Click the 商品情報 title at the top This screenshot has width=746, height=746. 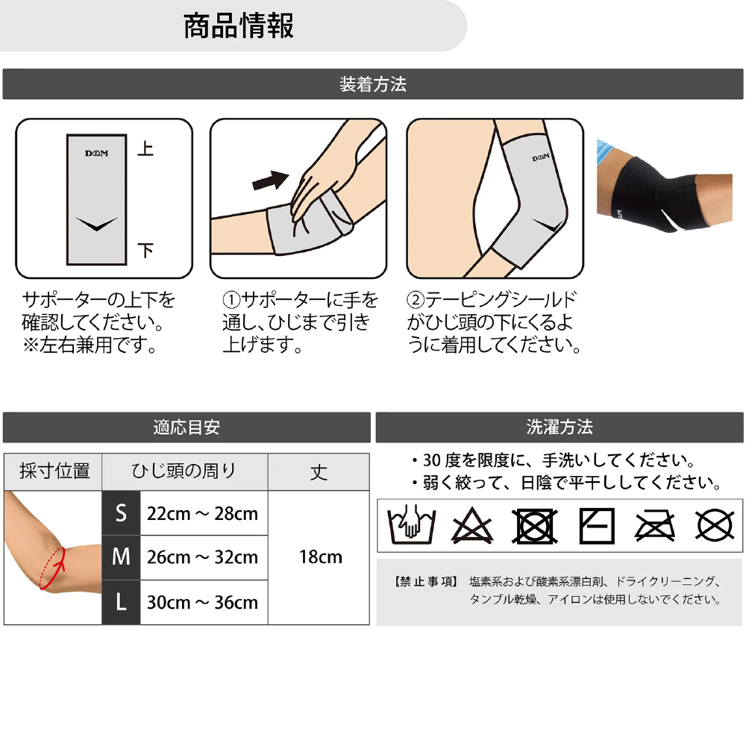(x=239, y=25)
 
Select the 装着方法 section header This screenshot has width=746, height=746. (x=373, y=84)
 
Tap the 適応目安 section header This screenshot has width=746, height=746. (x=186, y=427)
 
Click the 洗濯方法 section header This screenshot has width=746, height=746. (x=559, y=427)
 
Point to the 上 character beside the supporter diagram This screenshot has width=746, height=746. (x=145, y=149)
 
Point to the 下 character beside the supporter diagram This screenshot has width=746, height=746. (x=145, y=250)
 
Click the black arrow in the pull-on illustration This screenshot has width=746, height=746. (x=270, y=181)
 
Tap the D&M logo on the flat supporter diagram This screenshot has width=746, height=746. (x=96, y=153)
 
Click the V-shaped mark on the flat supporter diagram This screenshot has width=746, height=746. (x=96, y=224)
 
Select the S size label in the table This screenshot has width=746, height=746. (x=121, y=513)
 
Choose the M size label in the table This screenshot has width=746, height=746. (x=121, y=557)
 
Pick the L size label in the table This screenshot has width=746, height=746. (x=121, y=602)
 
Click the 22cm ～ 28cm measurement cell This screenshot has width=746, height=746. (x=203, y=514)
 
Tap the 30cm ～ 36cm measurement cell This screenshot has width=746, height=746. (x=203, y=603)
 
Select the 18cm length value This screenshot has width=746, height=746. (x=321, y=557)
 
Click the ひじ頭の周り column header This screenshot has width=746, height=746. (x=184, y=471)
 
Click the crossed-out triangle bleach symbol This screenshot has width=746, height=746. (x=471, y=526)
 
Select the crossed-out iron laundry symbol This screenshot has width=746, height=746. (x=655, y=526)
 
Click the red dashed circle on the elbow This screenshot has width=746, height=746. (x=52, y=568)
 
